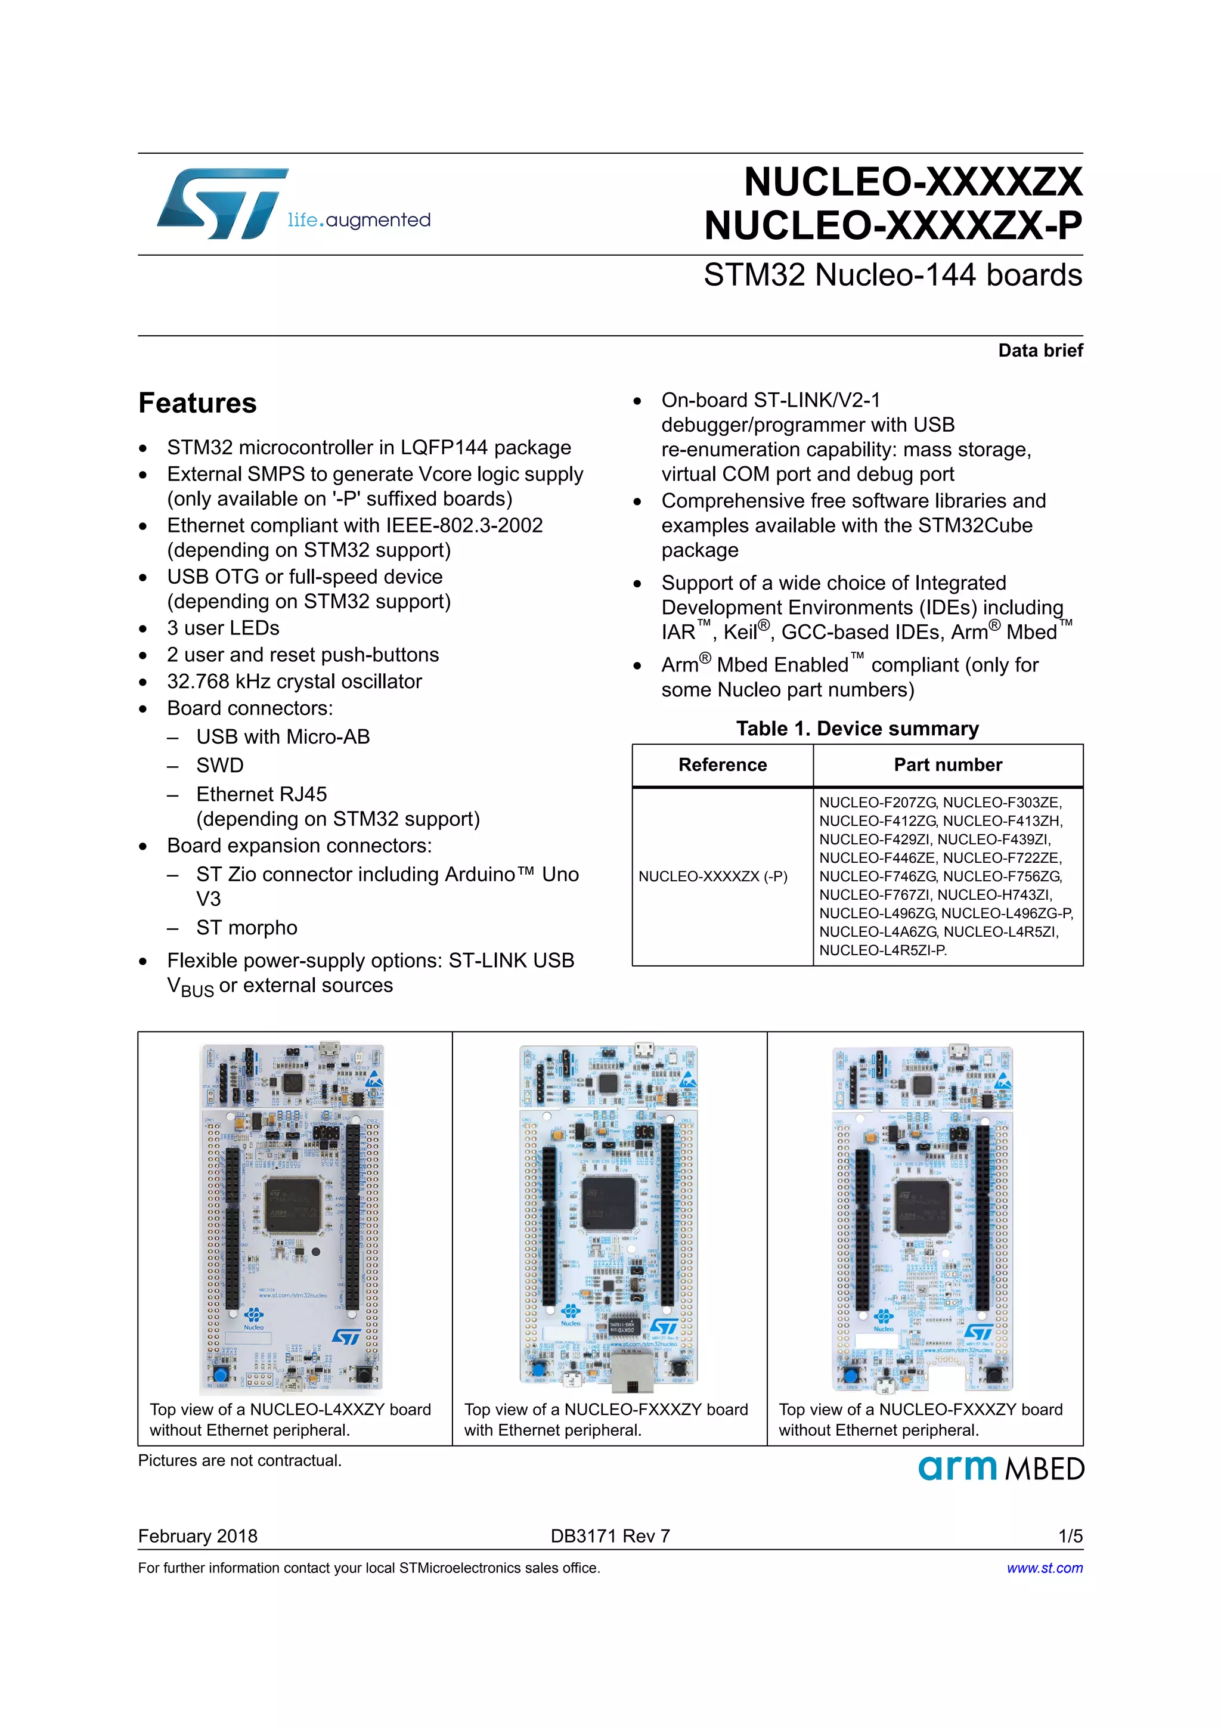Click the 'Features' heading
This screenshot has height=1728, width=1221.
(197, 404)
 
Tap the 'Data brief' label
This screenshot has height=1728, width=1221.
(1040, 351)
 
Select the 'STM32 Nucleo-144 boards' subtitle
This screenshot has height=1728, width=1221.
(892, 275)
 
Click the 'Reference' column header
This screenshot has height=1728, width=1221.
(722, 764)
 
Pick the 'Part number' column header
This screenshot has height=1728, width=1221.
(947, 764)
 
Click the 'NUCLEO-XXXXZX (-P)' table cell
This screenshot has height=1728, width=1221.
(712, 876)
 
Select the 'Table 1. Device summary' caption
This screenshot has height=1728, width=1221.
(857, 729)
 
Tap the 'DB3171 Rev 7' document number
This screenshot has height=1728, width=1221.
(609, 1536)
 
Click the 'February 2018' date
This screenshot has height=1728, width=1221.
(197, 1536)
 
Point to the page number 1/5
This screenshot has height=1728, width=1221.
(1070, 1536)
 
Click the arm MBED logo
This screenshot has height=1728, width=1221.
(1000, 1469)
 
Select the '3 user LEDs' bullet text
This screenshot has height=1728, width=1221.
(223, 628)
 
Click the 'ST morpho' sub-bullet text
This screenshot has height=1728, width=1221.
(247, 928)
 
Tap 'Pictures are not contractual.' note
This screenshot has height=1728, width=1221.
(239, 1461)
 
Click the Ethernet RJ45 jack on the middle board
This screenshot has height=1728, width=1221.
(629, 1370)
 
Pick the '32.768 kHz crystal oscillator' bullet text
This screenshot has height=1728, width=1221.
(294, 682)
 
